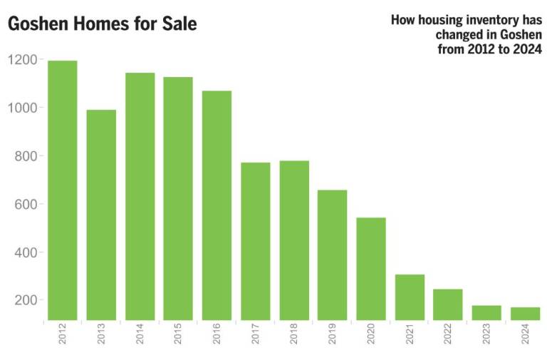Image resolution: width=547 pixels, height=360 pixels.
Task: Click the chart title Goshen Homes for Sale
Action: tap(102, 24)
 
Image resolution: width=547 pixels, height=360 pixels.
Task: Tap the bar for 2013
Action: tap(101, 215)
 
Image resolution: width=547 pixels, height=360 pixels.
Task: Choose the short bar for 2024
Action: tap(526, 314)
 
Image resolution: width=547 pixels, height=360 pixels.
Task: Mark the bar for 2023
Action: tap(486, 313)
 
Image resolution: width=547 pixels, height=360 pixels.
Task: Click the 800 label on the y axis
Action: tap(26, 156)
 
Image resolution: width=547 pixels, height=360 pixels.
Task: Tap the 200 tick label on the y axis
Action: tap(26, 300)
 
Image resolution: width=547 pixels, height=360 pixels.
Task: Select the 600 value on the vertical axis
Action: tap(26, 205)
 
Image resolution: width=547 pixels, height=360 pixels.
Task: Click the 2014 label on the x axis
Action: tap(140, 336)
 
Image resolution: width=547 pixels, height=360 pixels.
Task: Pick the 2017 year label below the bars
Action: tap(256, 336)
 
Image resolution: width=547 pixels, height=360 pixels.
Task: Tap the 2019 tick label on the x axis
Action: tap(333, 336)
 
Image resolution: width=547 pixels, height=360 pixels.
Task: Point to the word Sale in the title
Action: tap(179, 24)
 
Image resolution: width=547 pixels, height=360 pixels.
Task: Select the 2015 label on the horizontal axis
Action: tap(179, 336)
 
